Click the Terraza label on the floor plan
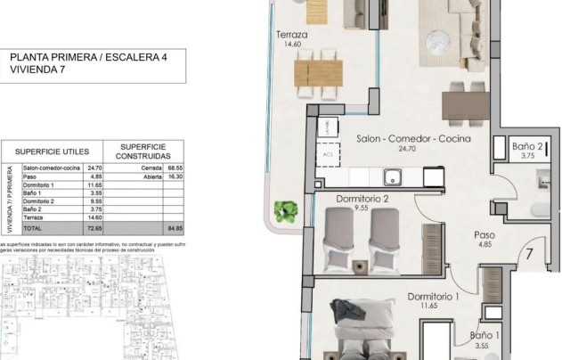click(291, 37)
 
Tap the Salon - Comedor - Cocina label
click(412, 139)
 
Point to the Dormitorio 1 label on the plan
click(433, 297)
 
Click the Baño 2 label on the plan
click(528, 146)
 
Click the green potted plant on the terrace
click(286, 211)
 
